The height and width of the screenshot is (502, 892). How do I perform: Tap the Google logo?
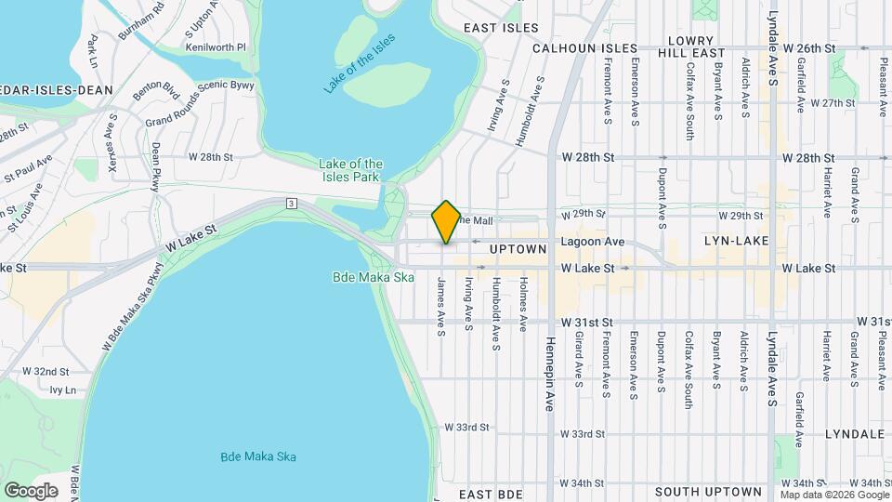click(x=31, y=490)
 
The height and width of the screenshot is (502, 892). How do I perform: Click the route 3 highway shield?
click(x=291, y=203)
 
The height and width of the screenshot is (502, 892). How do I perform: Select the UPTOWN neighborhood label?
click(x=518, y=249)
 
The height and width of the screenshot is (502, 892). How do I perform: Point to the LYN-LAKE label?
click(x=733, y=241)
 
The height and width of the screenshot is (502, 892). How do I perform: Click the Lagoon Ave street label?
click(x=592, y=241)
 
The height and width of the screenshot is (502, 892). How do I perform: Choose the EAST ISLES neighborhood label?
click(x=502, y=28)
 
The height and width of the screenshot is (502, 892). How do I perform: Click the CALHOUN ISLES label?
click(x=585, y=48)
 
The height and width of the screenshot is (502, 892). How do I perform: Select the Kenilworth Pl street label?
click(x=215, y=46)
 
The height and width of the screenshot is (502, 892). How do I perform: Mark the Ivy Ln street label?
click(x=62, y=390)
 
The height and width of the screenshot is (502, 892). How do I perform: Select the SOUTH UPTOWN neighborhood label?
click(x=708, y=491)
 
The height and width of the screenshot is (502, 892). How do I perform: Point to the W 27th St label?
click(x=832, y=103)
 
